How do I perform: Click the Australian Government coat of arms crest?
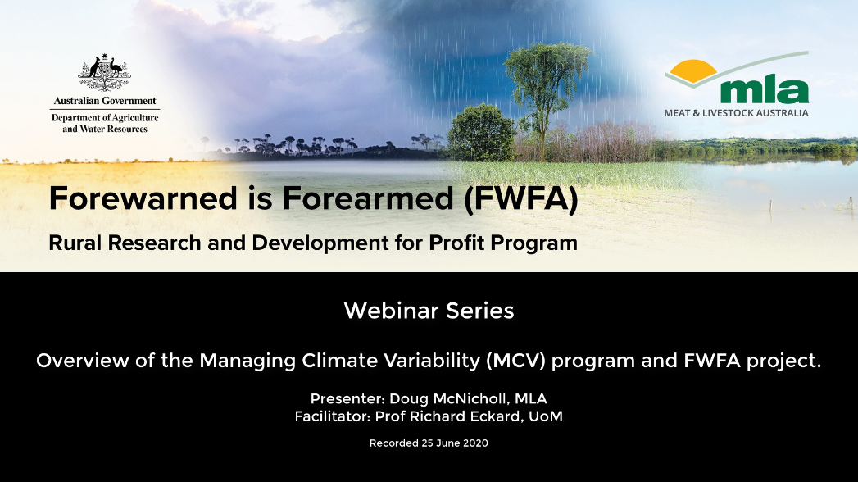click(x=105, y=73)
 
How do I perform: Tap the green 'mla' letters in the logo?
click(x=765, y=91)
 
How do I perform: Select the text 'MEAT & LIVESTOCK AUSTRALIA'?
click(x=736, y=113)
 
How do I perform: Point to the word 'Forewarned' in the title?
click(x=143, y=198)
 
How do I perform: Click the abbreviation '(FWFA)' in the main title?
click(x=521, y=198)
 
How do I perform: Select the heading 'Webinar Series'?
click(x=429, y=311)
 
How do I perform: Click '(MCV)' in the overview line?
click(x=516, y=361)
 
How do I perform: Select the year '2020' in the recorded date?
click(x=475, y=443)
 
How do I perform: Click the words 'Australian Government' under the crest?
click(x=105, y=101)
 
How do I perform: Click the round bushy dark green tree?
click(x=480, y=133)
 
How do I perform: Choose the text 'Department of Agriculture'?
click(x=105, y=117)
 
